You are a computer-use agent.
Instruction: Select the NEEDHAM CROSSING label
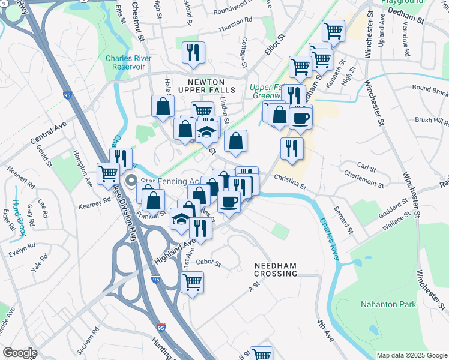[276, 269]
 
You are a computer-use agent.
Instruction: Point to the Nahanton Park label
[388, 304]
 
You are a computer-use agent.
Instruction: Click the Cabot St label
[209, 263]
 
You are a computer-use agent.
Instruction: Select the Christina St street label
[290, 178]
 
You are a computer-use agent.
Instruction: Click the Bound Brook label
[430, 91]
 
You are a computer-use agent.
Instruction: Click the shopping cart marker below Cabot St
[192, 282]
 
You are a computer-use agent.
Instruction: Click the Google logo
[20, 353]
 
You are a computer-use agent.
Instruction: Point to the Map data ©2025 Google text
[411, 355]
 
